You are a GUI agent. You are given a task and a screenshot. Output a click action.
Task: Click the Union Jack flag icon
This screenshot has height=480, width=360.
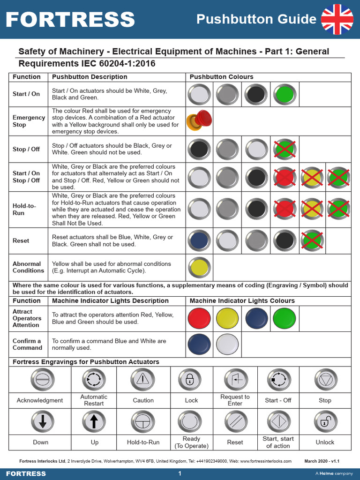coord(337,19)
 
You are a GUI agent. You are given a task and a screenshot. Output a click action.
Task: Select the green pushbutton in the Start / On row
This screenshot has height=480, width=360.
coord(285,95)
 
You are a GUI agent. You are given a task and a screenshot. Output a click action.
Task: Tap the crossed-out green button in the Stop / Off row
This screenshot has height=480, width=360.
coord(285,150)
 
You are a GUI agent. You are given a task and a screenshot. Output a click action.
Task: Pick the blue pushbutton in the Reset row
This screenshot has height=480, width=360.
coord(199,240)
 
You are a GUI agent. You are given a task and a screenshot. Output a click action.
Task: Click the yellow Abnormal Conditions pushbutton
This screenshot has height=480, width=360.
coord(199,267)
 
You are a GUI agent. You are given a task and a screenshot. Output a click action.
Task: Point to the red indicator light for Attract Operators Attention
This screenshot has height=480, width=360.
coord(199,318)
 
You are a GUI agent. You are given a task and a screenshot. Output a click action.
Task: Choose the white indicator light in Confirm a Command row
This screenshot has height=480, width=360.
coord(228,344)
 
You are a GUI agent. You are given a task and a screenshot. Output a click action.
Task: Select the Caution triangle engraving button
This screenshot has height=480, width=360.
coord(142,379)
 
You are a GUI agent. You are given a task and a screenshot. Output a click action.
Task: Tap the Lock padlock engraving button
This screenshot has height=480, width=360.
coord(190,379)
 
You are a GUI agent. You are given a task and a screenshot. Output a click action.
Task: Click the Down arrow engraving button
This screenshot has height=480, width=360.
coord(42,421)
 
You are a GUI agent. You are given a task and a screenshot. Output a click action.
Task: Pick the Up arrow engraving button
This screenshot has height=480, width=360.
coord(93,421)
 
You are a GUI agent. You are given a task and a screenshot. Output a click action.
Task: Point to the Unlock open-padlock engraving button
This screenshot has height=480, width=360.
coord(325,421)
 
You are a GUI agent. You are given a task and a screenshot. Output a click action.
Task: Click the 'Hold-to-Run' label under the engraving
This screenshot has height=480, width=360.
coord(143,442)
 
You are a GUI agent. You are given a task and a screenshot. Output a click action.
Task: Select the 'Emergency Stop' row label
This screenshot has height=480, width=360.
coord(29,121)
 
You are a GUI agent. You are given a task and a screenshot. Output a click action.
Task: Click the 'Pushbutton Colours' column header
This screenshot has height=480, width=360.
coord(221,77)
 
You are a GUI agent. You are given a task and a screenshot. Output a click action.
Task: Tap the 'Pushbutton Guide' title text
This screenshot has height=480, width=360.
coord(256,19)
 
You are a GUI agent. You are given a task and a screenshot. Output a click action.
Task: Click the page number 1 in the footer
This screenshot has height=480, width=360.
coord(180,473)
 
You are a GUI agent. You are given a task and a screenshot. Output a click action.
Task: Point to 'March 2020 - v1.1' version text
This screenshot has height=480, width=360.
coord(322,461)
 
